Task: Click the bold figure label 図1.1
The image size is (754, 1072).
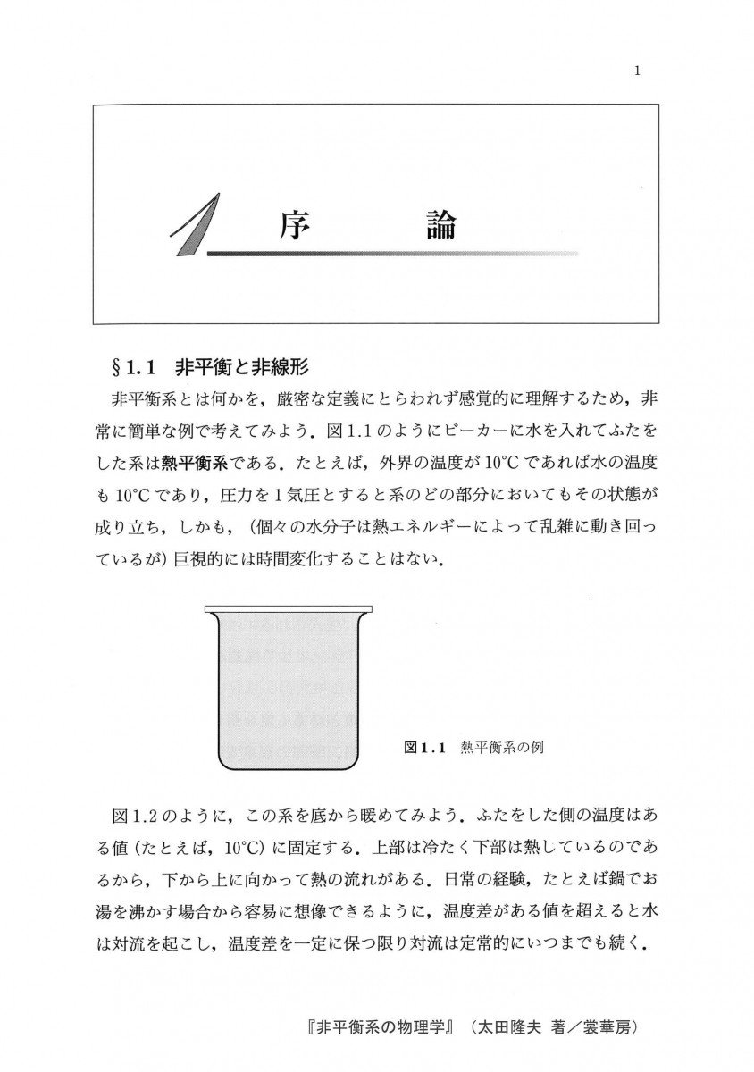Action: click(424, 746)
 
